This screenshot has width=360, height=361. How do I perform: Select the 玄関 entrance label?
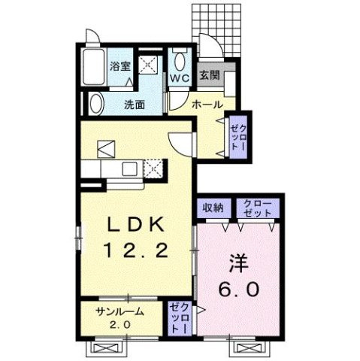click(x=209, y=74)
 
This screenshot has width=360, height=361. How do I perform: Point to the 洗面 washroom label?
click(x=135, y=105)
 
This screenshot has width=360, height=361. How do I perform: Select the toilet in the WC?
click(x=179, y=59)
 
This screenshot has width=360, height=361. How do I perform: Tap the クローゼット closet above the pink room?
click(x=257, y=206)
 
